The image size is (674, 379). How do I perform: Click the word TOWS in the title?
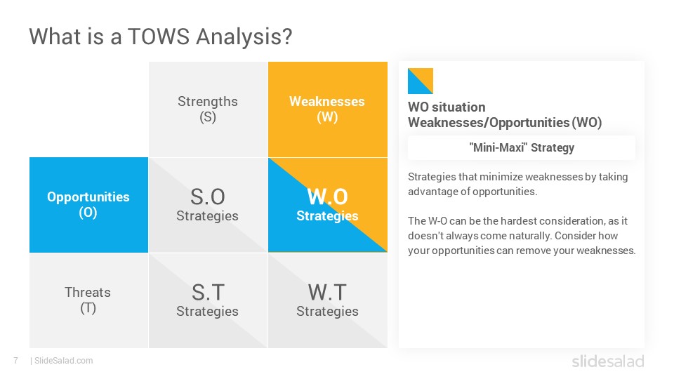coord(159,36)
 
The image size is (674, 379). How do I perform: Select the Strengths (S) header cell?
coord(208,109)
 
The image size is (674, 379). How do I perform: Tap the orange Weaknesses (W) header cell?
coord(328,109)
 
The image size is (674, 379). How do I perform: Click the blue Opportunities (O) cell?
coord(88,204)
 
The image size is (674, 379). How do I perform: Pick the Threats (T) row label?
coord(88,300)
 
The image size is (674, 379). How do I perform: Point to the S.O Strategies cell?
coord(208,204)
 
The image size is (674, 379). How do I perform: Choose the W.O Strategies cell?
coord(328,204)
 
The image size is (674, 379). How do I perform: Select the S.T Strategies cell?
coord(208,300)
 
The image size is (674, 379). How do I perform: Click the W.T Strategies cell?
coord(328,300)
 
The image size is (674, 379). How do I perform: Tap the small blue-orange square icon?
coord(421,81)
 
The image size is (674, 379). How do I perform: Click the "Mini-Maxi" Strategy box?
coord(522,148)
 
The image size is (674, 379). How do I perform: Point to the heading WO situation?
coord(447,107)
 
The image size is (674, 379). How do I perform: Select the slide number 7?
coord(16,361)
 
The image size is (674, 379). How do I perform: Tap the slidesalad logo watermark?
coord(608,361)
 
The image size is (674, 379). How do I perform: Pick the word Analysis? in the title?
coord(244,37)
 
